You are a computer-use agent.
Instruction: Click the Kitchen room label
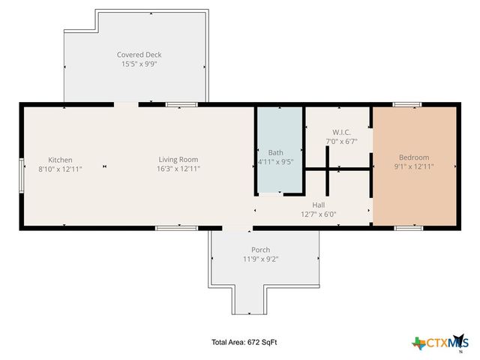(x=60, y=160)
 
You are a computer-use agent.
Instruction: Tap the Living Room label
(x=178, y=159)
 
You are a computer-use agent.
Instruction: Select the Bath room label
(x=276, y=152)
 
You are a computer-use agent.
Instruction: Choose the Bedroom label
(x=414, y=157)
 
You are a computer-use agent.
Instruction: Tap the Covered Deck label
(x=139, y=55)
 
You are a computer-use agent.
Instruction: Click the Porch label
(x=261, y=250)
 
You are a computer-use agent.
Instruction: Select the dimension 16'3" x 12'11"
(x=178, y=169)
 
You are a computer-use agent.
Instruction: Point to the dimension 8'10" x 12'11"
(x=60, y=169)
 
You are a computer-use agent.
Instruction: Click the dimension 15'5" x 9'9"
(x=139, y=64)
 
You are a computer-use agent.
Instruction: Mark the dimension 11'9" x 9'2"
(x=261, y=259)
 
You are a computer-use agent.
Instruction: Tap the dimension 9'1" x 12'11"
(x=414, y=166)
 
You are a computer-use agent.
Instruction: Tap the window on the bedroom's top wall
(x=407, y=104)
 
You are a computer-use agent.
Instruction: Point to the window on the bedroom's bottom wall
(x=409, y=227)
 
